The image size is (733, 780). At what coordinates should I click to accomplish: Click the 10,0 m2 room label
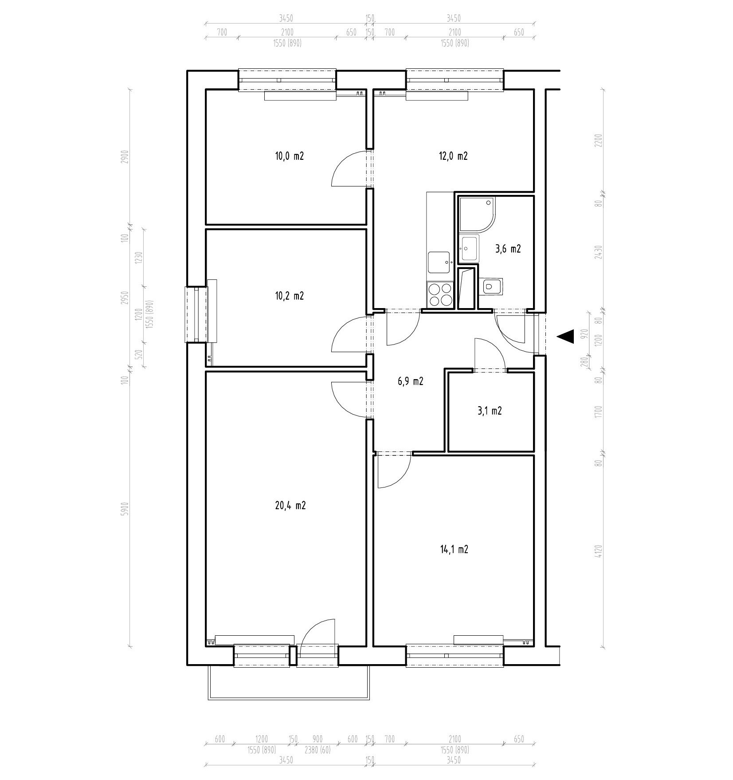[x=289, y=156]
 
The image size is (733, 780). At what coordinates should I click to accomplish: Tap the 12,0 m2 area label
[x=453, y=156]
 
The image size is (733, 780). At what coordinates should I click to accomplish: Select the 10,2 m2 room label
[x=289, y=296]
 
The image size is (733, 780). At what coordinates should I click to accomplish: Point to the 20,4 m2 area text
[x=290, y=505]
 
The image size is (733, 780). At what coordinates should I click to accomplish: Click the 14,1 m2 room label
[x=454, y=550]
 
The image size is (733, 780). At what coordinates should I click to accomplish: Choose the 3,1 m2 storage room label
[x=490, y=411]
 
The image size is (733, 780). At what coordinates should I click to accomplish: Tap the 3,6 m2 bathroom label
[x=508, y=249]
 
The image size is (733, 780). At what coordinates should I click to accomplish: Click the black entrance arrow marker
[x=565, y=337]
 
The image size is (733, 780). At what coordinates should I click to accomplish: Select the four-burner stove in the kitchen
[x=440, y=294]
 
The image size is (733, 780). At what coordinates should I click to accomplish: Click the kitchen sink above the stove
[x=440, y=262]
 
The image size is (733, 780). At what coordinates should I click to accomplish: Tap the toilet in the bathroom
[x=490, y=286]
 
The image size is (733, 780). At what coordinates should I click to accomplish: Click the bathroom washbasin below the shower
[x=469, y=249]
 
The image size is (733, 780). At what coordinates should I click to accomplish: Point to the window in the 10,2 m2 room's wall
[x=196, y=315]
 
